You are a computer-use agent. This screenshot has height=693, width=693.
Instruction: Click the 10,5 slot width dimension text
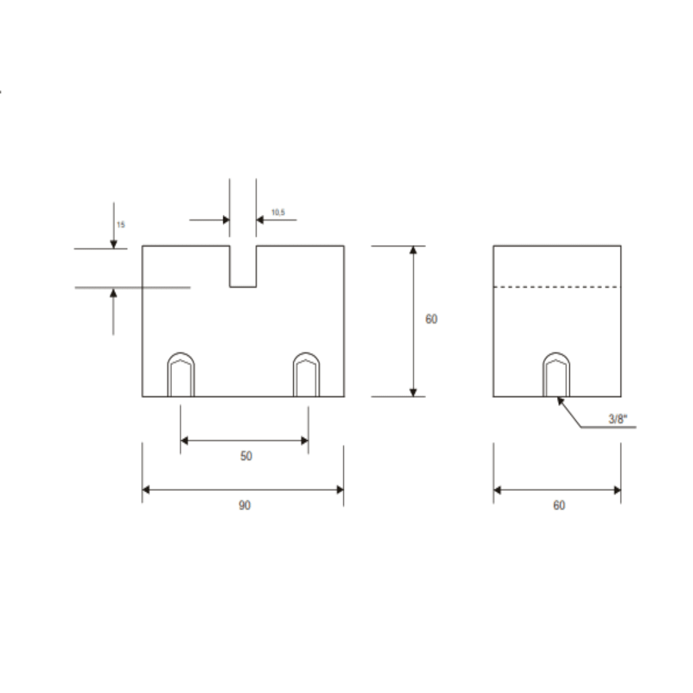(x=278, y=212)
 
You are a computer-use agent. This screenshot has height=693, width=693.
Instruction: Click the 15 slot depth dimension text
(x=121, y=225)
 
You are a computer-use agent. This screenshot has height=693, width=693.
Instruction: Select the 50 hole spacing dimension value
(x=246, y=456)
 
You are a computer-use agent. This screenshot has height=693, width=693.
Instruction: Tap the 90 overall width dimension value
(x=245, y=506)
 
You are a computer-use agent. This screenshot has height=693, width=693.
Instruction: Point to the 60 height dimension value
(x=431, y=319)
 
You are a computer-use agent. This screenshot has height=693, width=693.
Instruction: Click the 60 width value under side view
(x=559, y=506)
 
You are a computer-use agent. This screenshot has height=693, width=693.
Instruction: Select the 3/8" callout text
(x=617, y=419)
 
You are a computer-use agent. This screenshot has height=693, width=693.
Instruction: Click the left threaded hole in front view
(x=181, y=375)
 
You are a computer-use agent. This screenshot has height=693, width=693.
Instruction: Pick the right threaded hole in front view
(x=306, y=375)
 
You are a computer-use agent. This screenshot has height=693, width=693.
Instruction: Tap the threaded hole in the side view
(x=556, y=375)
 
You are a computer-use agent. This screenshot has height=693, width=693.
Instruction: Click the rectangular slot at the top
(x=243, y=266)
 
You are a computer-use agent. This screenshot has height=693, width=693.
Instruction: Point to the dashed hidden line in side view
(x=557, y=287)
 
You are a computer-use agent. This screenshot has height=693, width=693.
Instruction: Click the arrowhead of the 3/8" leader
(x=560, y=400)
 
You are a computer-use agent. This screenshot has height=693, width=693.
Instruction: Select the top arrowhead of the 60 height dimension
(x=413, y=250)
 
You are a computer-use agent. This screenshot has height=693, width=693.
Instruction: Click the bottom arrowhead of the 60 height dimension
(x=413, y=391)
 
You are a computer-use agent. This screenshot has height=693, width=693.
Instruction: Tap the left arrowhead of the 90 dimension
(x=146, y=490)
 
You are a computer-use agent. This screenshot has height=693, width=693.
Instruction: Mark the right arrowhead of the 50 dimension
(x=304, y=440)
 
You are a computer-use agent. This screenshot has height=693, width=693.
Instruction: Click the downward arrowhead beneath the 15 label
(x=114, y=244)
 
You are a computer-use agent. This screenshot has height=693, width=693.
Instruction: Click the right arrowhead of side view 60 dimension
(x=617, y=490)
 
